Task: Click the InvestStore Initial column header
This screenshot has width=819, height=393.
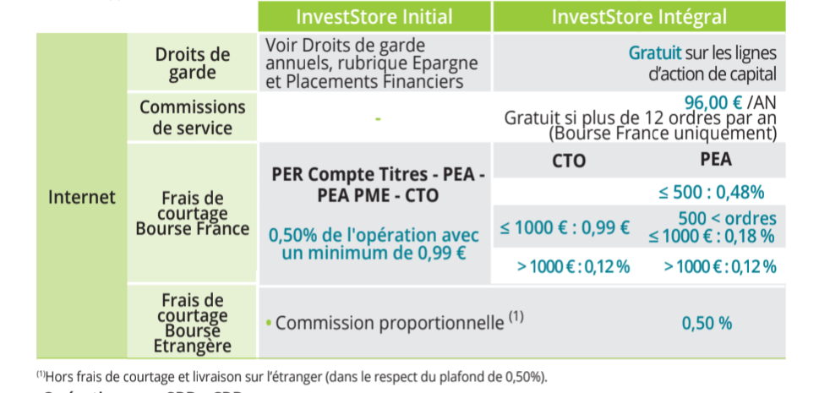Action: coord(374,17)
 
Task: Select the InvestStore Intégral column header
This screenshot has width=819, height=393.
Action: coord(639,17)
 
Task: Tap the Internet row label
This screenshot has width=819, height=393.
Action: coord(82,197)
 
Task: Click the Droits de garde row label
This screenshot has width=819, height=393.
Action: coord(192,63)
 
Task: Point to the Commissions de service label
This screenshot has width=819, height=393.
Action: coord(192,117)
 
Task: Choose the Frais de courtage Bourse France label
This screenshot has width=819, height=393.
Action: coord(192,213)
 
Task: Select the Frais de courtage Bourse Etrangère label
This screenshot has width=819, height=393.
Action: coord(192,323)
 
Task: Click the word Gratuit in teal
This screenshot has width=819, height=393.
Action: coord(655,52)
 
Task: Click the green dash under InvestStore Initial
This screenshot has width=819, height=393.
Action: coord(378,119)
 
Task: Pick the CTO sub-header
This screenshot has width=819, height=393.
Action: coord(569,161)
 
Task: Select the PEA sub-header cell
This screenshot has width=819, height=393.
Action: coord(716,160)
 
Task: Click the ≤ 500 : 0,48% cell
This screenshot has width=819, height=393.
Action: coord(712,193)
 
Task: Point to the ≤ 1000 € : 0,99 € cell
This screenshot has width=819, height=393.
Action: coord(565,227)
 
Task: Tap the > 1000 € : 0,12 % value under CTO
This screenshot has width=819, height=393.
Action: coord(574,267)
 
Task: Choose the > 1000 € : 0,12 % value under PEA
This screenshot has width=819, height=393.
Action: coord(720,267)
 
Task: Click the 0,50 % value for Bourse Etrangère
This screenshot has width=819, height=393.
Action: coord(707,324)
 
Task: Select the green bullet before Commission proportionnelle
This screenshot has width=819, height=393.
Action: coord(269,324)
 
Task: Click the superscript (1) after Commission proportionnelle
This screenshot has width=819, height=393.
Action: coord(516,317)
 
